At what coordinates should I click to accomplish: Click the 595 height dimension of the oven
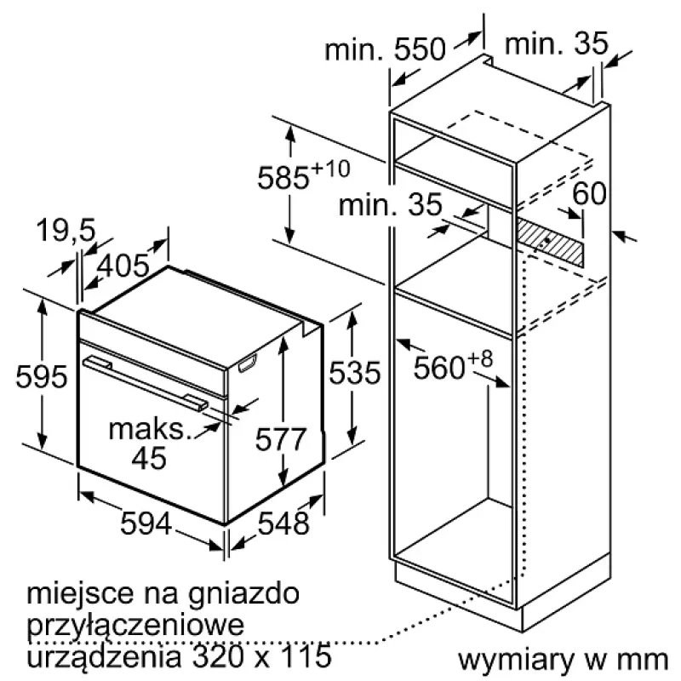(42, 376)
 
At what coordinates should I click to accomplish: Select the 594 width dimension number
(146, 523)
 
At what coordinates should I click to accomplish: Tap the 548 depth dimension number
(283, 523)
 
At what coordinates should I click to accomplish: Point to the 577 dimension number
(281, 438)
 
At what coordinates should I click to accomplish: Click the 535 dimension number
(354, 373)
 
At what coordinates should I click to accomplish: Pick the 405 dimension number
(123, 266)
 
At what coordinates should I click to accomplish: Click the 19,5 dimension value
(66, 230)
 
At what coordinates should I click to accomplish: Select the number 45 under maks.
(149, 457)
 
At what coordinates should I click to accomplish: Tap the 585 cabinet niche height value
(283, 178)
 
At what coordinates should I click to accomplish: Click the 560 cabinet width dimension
(439, 368)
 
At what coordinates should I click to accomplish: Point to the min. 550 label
(386, 49)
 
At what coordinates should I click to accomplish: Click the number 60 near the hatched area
(589, 193)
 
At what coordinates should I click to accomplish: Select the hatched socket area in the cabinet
(549, 241)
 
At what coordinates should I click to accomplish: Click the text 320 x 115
(261, 655)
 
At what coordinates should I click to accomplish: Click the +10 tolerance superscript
(330, 169)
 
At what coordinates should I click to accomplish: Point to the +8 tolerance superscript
(480, 359)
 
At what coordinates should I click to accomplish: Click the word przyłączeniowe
(135, 626)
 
